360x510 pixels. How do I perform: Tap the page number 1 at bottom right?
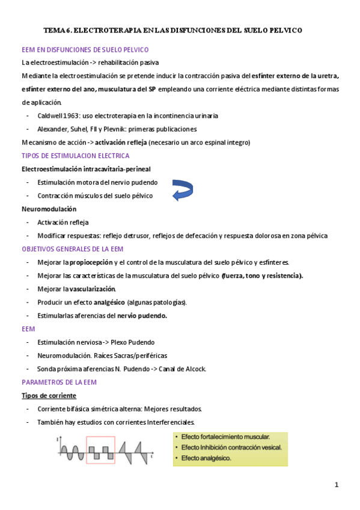(x=337, y=485)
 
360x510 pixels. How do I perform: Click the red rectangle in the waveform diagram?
(x=101, y=450)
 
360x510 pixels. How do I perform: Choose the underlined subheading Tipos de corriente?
(x=49, y=396)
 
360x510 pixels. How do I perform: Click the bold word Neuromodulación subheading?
(x=49, y=209)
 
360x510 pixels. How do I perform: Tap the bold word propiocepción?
(x=90, y=262)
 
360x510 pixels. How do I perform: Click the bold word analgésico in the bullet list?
(x=109, y=303)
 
